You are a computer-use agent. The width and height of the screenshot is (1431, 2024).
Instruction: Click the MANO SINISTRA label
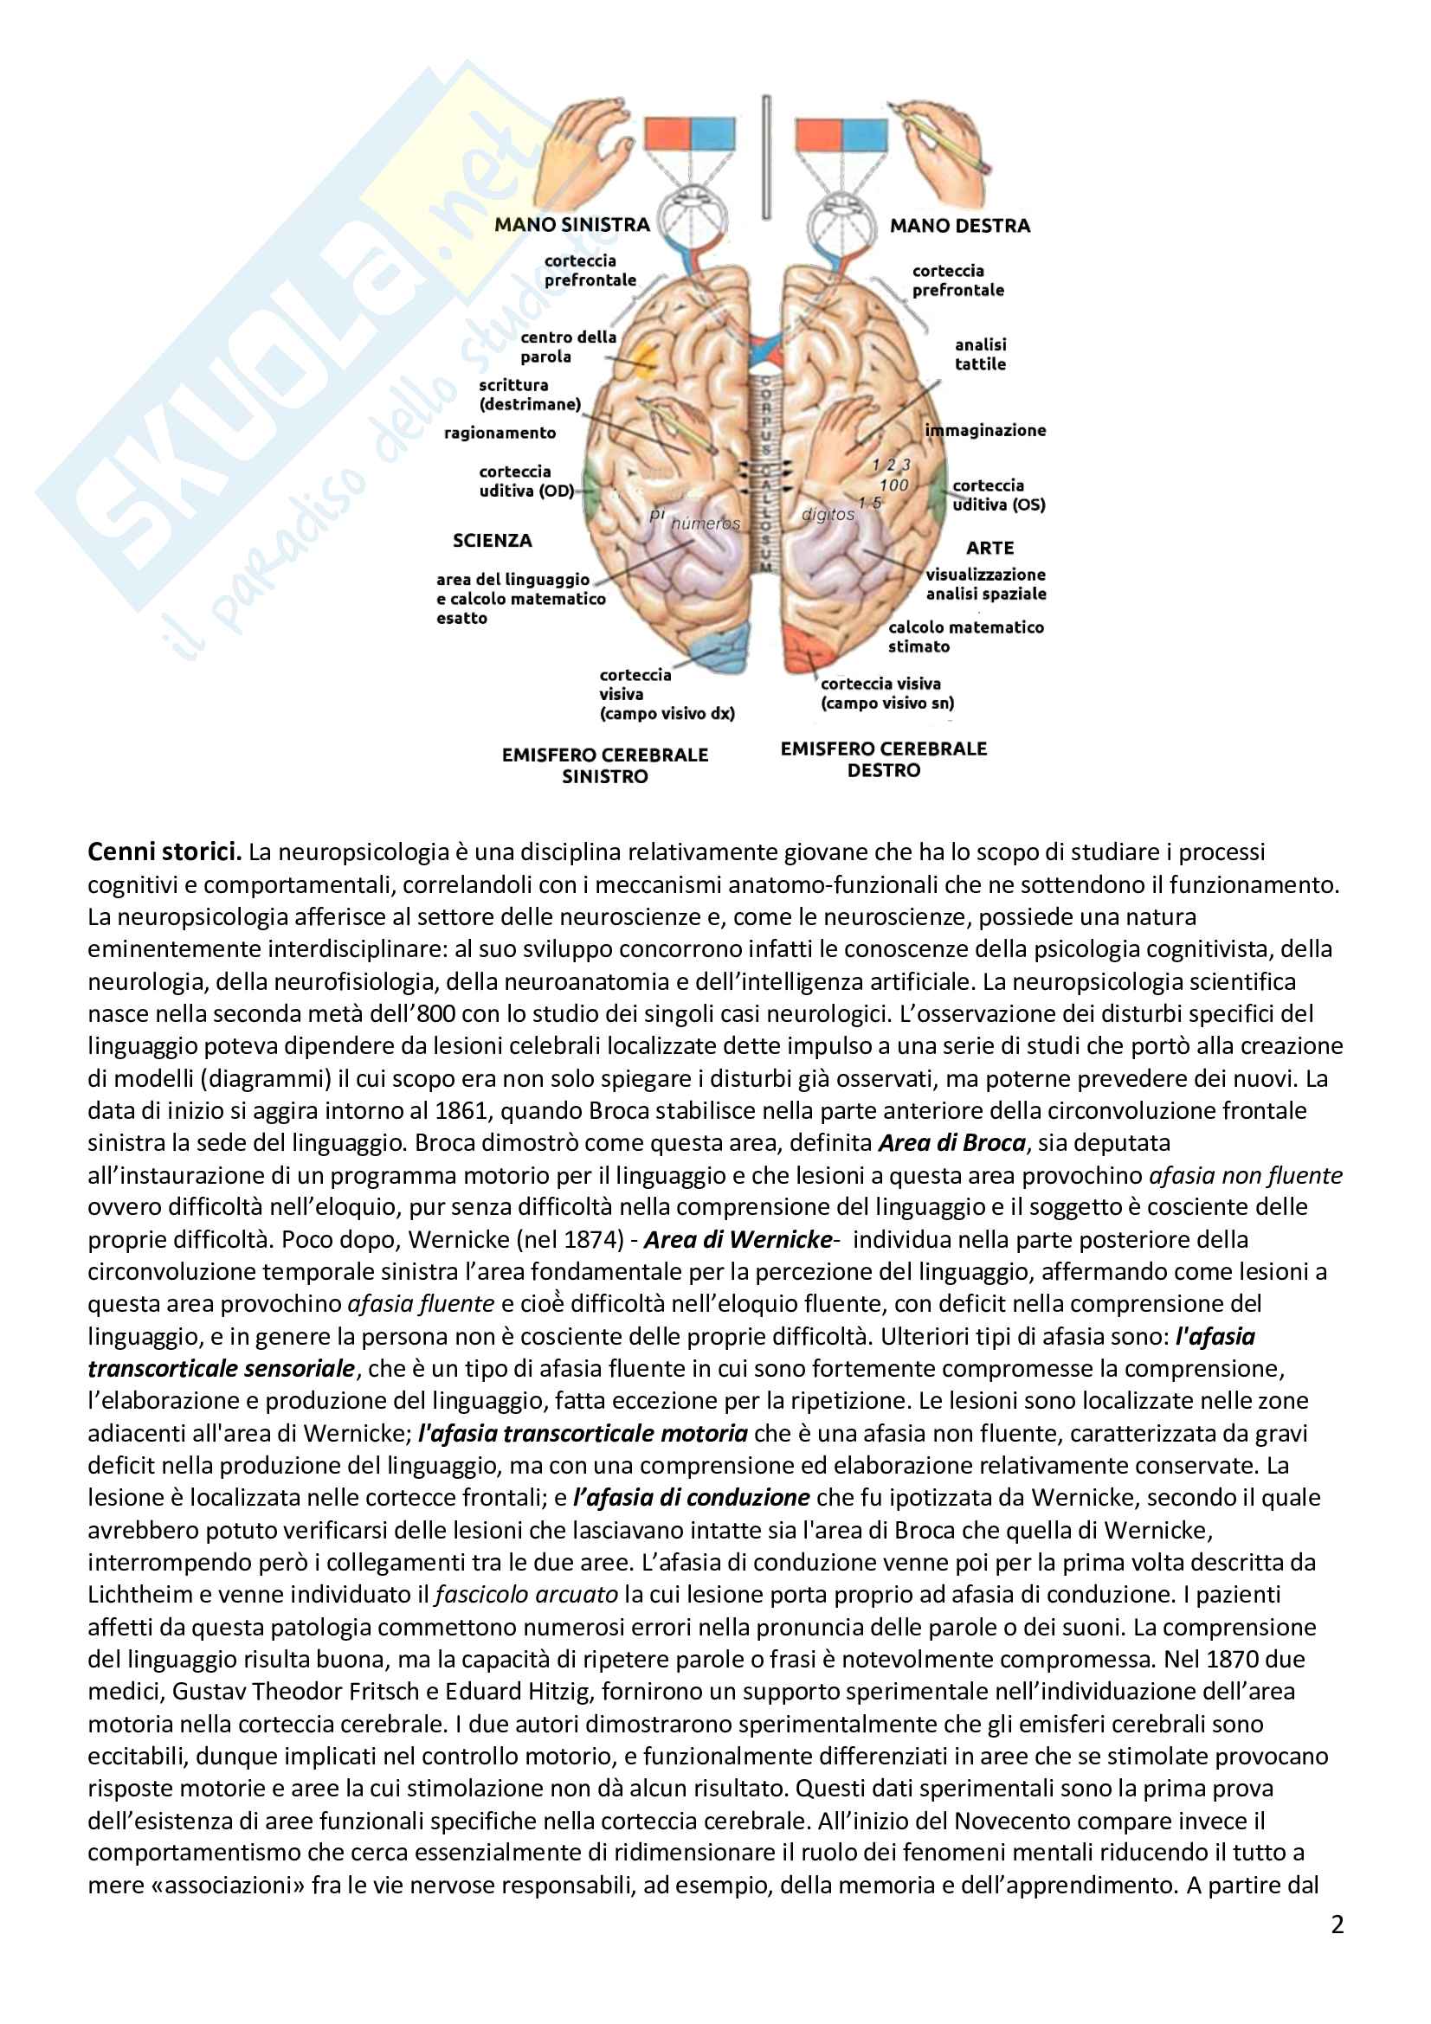pyautogui.click(x=571, y=225)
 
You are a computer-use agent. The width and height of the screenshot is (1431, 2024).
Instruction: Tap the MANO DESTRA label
pyautogui.click(x=959, y=226)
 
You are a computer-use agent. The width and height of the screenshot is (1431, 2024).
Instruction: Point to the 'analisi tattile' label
pyautogui.click(x=980, y=355)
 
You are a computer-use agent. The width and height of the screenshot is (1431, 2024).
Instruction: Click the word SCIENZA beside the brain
pyautogui.click(x=492, y=540)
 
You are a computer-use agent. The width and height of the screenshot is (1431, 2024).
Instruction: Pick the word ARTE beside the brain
pyautogui.click(x=989, y=548)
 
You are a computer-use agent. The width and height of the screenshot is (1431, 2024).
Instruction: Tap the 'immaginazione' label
pyautogui.click(x=985, y=430)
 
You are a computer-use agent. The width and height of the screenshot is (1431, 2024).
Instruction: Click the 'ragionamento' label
pyautogui.click(x=500, y=433)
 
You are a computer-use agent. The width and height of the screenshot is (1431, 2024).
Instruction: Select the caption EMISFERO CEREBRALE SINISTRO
pyautogui.click(x=605, y=765)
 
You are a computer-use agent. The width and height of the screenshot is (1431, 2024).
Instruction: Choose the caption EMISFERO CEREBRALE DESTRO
pyautogui.click(x=884, y=759)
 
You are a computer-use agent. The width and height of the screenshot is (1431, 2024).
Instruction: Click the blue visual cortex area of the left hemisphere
pyautogui.click(x=722, y=647)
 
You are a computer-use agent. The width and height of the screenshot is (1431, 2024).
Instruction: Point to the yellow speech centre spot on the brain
pyautogui.click(x=647, y=357)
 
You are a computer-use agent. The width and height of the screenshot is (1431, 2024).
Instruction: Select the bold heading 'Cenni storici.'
pyautogui.click(x=164, y=851)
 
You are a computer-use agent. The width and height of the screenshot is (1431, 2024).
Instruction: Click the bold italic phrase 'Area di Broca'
pyautogui.click(x=952, y=1142)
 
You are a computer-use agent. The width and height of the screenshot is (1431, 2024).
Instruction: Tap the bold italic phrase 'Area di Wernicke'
pyautogui.click(x=737, y=1239)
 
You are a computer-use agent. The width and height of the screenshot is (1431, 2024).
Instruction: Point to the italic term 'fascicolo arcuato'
pyautogui.click(x=526, y=1594)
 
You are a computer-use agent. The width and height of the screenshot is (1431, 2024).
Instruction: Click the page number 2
pyautogui.click(x=1337, y=1924)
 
